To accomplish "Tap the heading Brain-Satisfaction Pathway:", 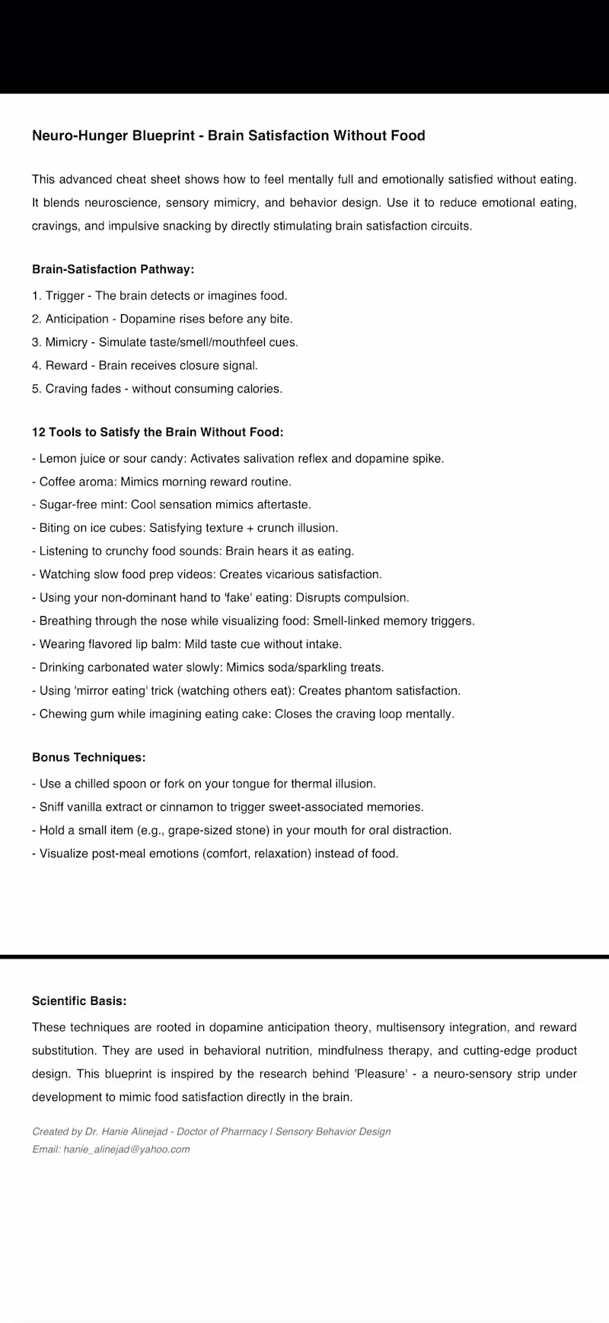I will pyautogui.click(x=113, y=269).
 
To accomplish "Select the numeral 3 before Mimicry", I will pyautogui.click(x=36, y=342).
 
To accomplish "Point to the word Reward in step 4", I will pyautogui.click(x=66, y=366).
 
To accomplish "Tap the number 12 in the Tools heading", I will pyautogui.click(x=39, y=432).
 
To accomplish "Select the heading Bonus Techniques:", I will pyautogui.click(x=88, y=758).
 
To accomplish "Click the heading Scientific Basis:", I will pyautogui.click(x=79, y=1001).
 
